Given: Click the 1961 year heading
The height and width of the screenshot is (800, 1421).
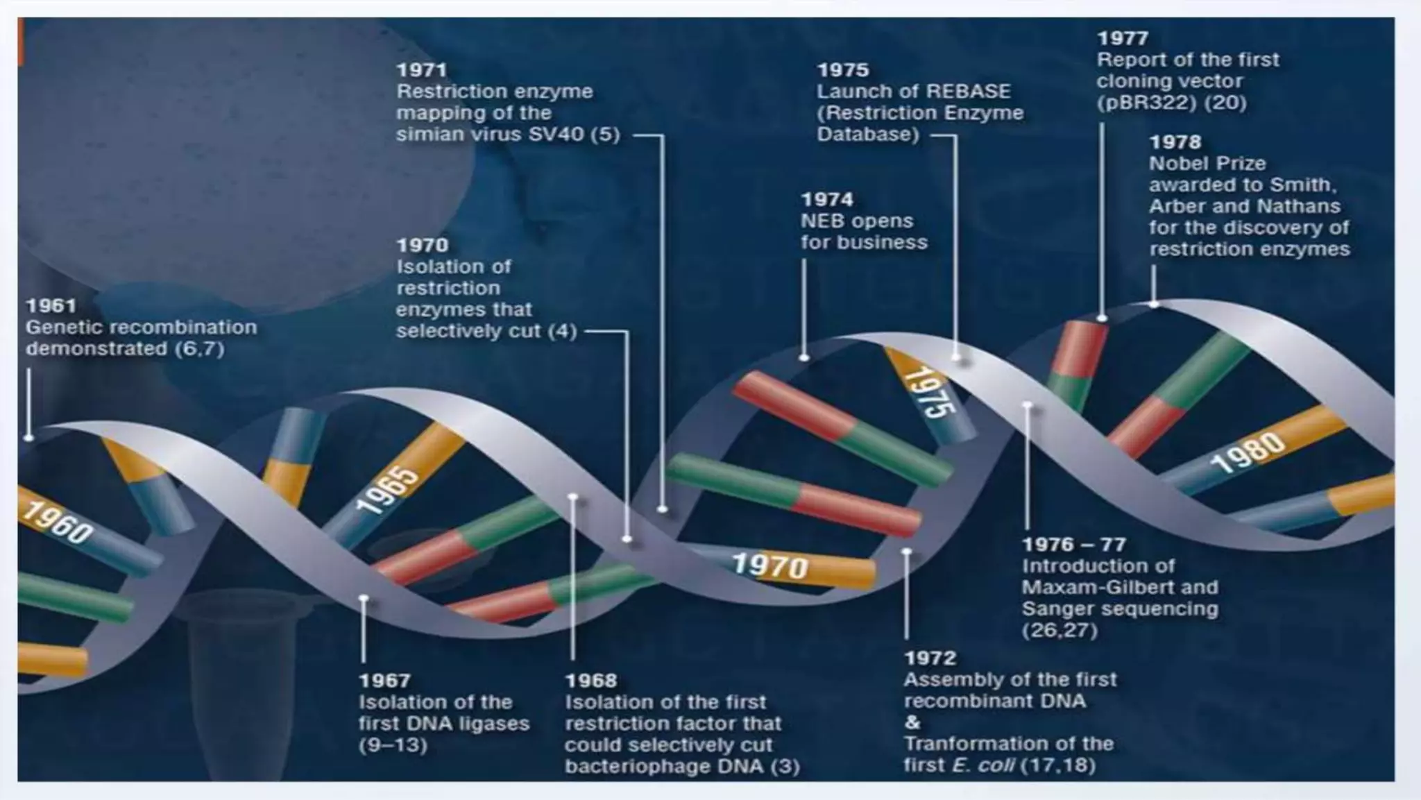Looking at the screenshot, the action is [51, 306].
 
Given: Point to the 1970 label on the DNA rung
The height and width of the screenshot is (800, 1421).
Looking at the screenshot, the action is [770, 566].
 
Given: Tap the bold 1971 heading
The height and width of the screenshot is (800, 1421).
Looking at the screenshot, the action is [421, 70].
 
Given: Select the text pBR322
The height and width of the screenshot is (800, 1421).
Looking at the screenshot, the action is [1146, 103].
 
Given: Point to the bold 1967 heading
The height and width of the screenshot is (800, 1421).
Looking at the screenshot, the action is [384, 681].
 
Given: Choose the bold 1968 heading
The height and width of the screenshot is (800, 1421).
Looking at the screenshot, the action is [590, 681].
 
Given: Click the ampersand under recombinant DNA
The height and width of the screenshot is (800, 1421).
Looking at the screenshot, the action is [912, 722].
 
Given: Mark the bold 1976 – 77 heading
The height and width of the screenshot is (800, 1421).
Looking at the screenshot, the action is [1073, 545].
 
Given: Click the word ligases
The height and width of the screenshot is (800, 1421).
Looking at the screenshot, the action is [492, 724].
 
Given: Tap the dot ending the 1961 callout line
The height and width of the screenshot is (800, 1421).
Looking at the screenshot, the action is [28, 438].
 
